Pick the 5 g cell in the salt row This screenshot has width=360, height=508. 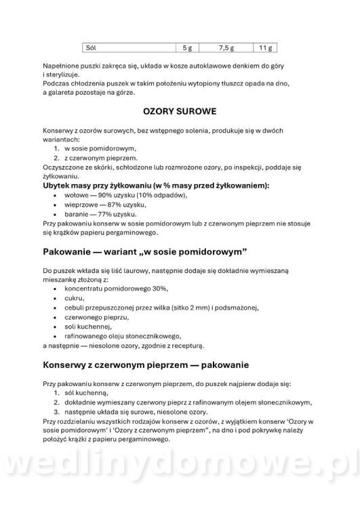point(188,48)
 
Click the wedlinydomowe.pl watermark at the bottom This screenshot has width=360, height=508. point(180,480)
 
